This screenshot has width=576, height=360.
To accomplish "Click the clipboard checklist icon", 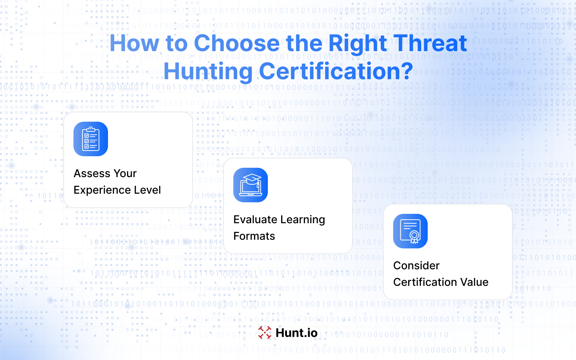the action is [x=90, y=139].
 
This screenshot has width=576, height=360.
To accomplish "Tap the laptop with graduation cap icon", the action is [x=251, y=185].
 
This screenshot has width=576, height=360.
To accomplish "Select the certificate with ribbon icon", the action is [x=410, y=231].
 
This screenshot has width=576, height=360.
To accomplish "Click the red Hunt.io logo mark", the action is [x=265, y=333].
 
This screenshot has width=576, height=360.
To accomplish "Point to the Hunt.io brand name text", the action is [x=297, y=333].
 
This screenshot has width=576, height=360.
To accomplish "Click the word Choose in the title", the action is [x=237, y=43].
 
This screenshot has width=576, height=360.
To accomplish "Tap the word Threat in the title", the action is [x=430, y=43].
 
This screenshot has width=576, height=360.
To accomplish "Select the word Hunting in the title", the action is [x=208, y=72].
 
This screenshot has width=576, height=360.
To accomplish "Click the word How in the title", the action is [x=134, y=43].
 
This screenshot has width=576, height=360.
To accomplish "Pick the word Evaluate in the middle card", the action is [x=255, y=220].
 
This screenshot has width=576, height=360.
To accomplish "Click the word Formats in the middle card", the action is [x=254, y=236].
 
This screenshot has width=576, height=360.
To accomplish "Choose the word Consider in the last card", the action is [x=416, y=266].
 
